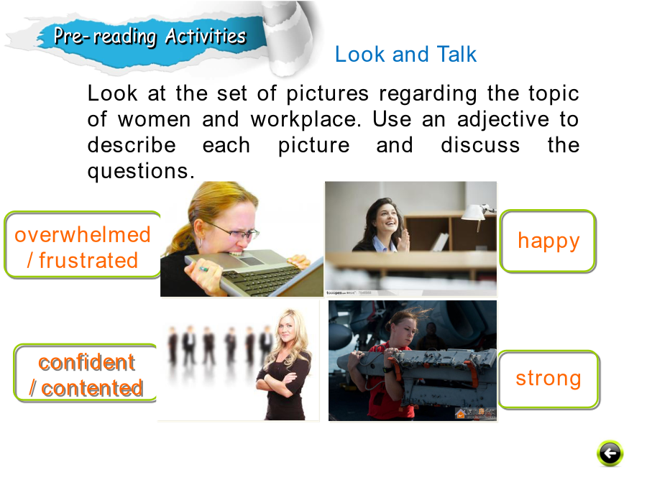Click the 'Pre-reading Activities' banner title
150,36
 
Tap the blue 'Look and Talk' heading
405,54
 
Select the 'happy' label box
548,241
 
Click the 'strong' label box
549,379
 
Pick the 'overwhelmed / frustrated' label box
83,245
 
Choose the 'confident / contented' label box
86,373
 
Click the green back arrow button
610,453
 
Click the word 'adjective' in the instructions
503,119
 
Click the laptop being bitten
252,272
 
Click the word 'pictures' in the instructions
327,94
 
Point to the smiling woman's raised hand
403,239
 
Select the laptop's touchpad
252,261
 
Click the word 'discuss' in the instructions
480,146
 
